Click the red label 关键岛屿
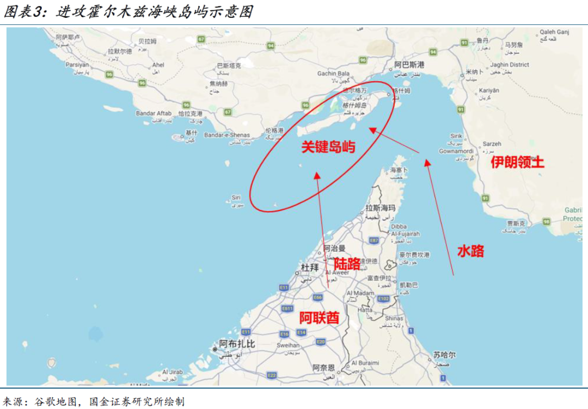pyautogui.click(x=328, y=146)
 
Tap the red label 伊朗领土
pyautogui.click(x=517, y=162)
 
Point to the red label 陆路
pyautogui.click(x=347, y=264)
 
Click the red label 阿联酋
pyautogui.click(x=319, y=318)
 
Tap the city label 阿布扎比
pyautogui.click(x=237, y=344)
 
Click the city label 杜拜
pyautogui.click(x=309, y=267)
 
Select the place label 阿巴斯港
pyautogui.click(x=409, y=65)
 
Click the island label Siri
pyautogui.click(x=236, y=197)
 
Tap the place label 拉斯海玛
pyautogui.click(x=380, y=208)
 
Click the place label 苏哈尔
pyautogui.click(x=445, y=355)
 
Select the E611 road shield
pyautogui.click(x=287, y=308)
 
